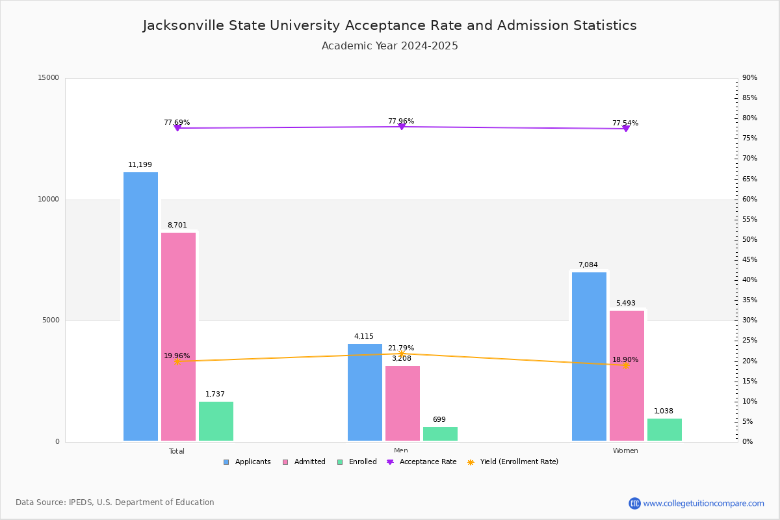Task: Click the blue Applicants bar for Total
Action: [140, 306]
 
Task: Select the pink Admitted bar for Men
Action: [402, 403]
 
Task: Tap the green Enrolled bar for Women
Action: [664, 430]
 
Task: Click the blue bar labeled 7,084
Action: [589, 356]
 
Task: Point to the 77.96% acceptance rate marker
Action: [401, 126]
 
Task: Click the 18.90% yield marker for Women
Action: [625, 365]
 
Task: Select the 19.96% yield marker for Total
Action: [177, 361]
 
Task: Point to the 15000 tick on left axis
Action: [49, 78]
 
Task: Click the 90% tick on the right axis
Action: [749, 78]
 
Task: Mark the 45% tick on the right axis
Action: [749, 260]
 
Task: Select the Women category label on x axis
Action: [625, 451]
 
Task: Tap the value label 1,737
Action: [215, 395]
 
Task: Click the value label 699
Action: [439, 420]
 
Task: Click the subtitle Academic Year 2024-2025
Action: [390, 46]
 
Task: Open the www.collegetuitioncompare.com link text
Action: [703, 503]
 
